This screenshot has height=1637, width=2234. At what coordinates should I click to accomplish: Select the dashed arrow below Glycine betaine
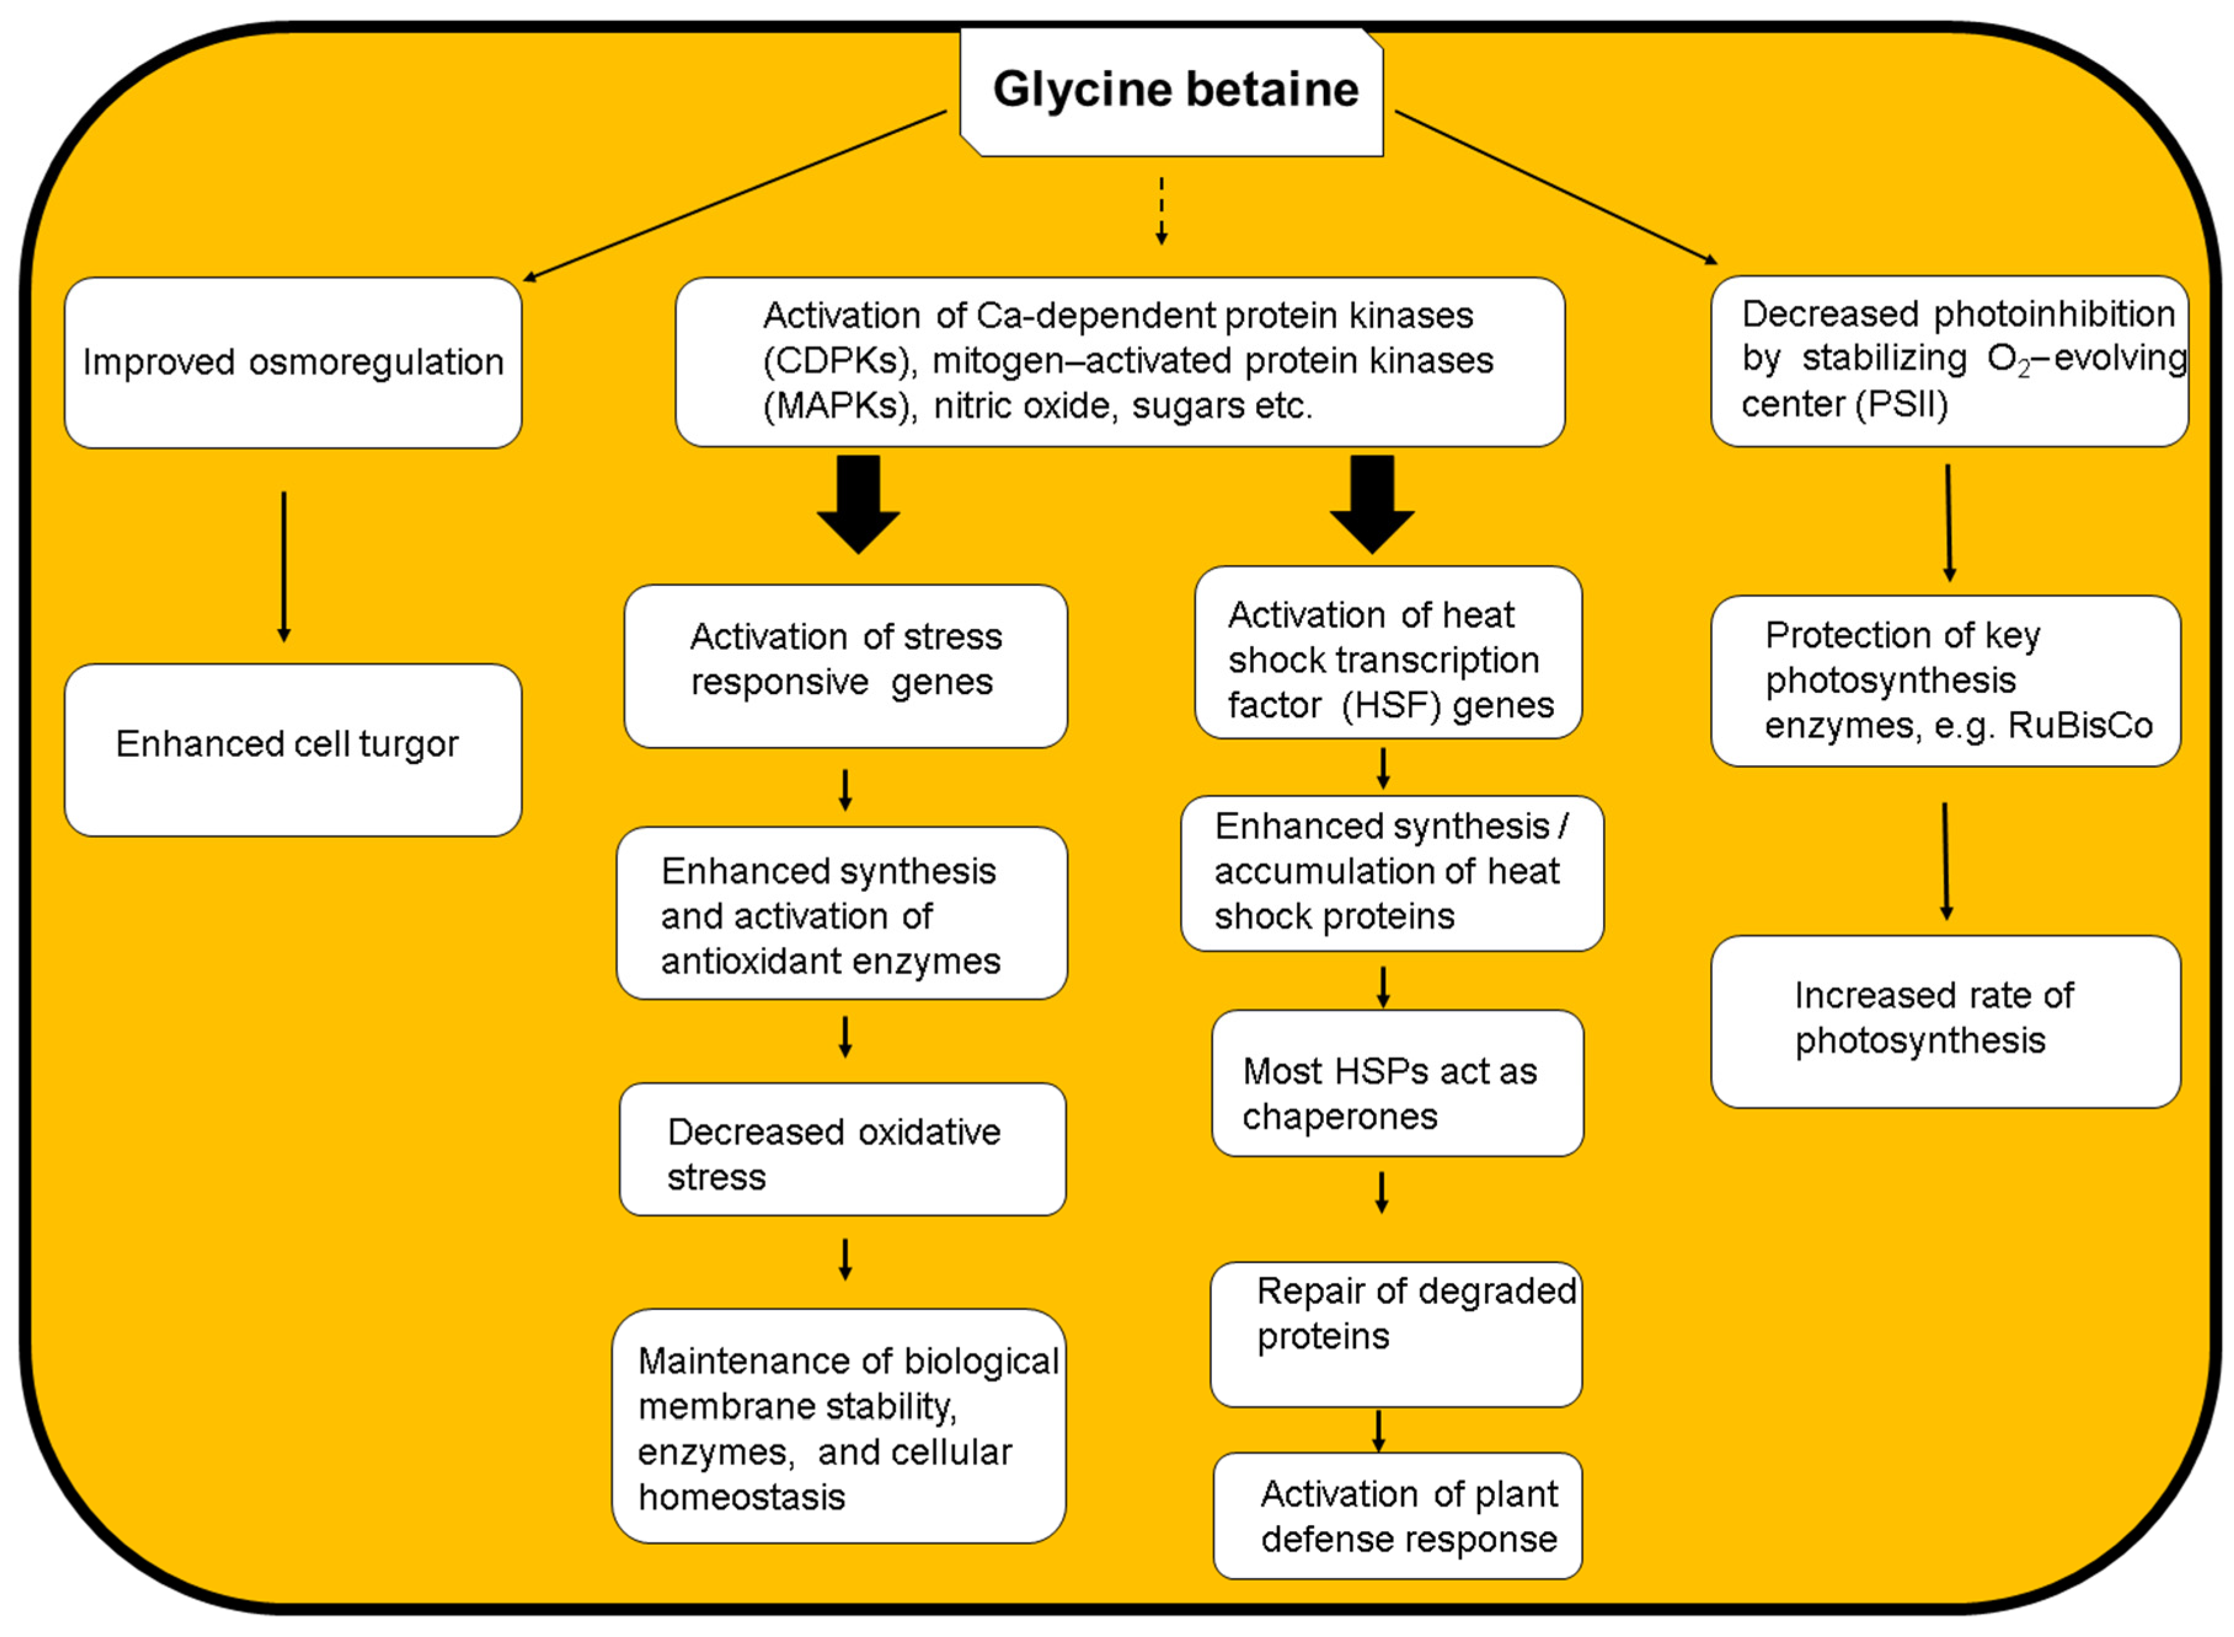[1162, 210]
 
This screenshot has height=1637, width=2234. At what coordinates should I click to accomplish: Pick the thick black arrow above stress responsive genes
[858, 503]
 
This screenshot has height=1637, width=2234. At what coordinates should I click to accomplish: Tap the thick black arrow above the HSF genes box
[1372, 503]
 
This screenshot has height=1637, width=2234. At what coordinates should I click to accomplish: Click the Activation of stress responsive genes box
[846, 666]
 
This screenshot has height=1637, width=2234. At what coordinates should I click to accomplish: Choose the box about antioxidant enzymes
[841, 913]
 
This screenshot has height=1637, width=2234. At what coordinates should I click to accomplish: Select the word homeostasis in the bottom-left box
[742, 1497]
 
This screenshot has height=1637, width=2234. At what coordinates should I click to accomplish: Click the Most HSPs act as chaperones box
[1396, 1083]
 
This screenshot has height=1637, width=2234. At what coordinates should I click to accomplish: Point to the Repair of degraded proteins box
[1395, 1334]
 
